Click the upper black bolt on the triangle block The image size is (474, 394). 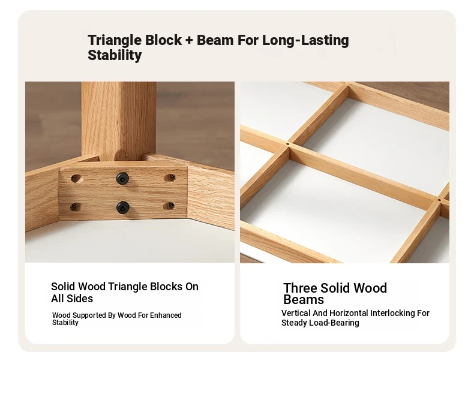pyautogui.click(x=122, y=179)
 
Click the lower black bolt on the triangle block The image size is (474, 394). pyautogui.click(x=123, y=207)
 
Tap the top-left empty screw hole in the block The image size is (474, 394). pyautogui.click(x=77, y=179)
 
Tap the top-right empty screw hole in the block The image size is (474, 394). pyautogui.click(x=170, y=178)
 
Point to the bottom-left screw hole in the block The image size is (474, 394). pyautogui.click(x=75, y=207)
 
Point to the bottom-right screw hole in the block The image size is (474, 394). pyautogui.click(x=169, y=206)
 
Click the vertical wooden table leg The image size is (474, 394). pyautogui.click(x=119, y=121)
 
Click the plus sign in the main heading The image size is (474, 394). pyautogui.click(x=189, y=40)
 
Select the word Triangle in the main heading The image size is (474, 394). pyautogui.click(x=115, y=41)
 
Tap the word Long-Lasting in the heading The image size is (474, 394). pyautogui.click(x=305, y=41)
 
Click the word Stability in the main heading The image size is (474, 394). pyautogui.click(x=115, y=55)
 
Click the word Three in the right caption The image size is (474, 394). pyautogui.click(x=300, y=288)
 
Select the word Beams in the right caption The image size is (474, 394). pyautogui.click(x=304, y=300)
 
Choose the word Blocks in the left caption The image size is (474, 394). pyautogui.click(x=167, y=287)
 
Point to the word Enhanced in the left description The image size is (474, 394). pyautogui.click(x=166, y=315)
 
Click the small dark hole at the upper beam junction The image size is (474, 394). pyautogui.click(x=287, y=144)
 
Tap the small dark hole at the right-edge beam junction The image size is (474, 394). pyautogui.click(x=439, y=200)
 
